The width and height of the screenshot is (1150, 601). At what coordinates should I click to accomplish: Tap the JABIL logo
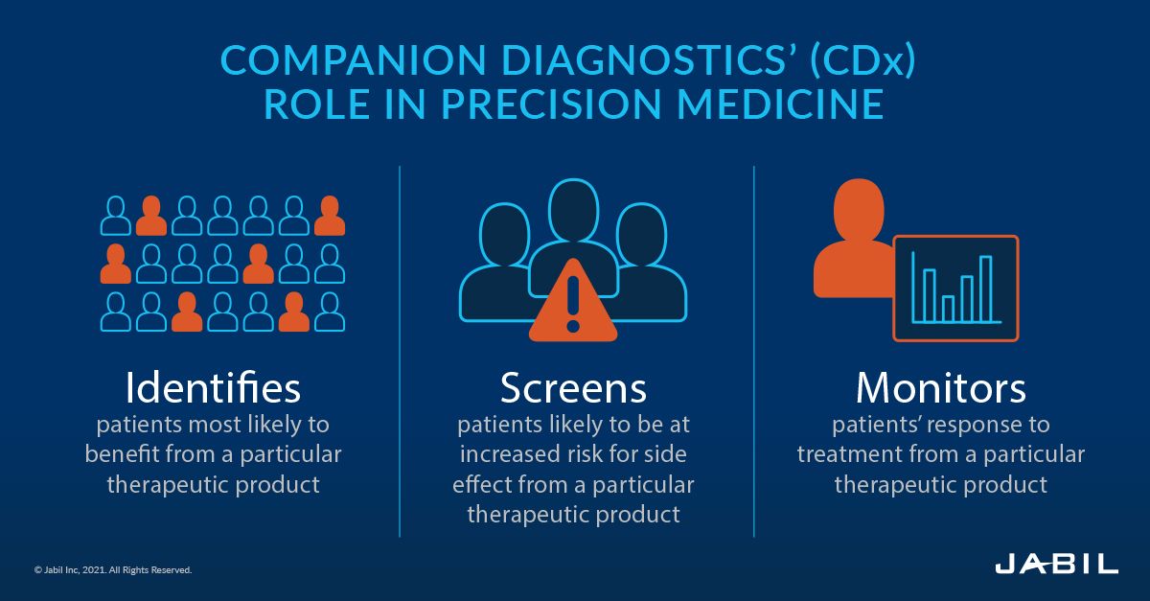tap(1056, 564)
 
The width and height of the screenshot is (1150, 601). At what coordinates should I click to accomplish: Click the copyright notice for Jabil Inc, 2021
tap(113, 569)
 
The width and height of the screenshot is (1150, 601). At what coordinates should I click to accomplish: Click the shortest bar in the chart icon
tap(947, 308)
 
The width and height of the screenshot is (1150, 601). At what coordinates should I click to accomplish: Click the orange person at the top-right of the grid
tap(330, 216)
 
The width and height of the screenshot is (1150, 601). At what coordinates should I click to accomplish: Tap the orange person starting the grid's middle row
tap(116, 264)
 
